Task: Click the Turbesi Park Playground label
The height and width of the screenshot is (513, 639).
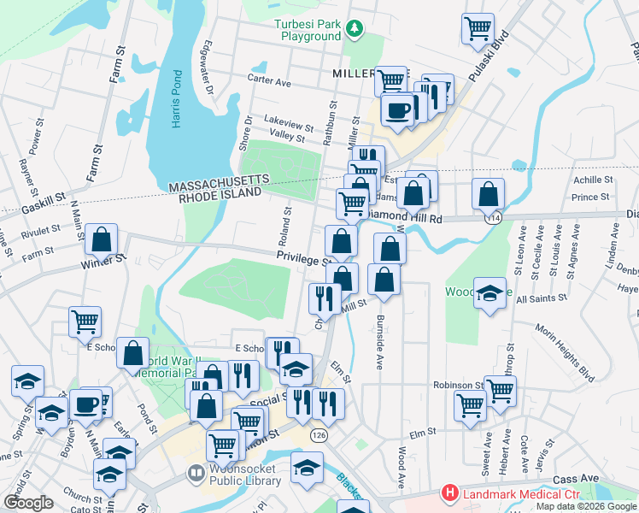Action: coord(308,30)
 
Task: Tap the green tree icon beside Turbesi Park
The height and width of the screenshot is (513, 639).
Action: coord(354,30)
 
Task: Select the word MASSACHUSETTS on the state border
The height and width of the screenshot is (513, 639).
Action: coord(219,184)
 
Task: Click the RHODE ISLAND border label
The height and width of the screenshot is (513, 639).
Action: coord(219,195)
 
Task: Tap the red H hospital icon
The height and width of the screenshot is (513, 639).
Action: coord(448,493)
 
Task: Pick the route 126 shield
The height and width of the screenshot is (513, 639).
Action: coord(319,435)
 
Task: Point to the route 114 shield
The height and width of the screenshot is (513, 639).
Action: coord(492,219)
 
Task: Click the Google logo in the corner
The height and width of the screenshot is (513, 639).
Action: coord(28,503)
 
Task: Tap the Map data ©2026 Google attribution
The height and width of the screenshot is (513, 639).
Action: coord(585,506)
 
